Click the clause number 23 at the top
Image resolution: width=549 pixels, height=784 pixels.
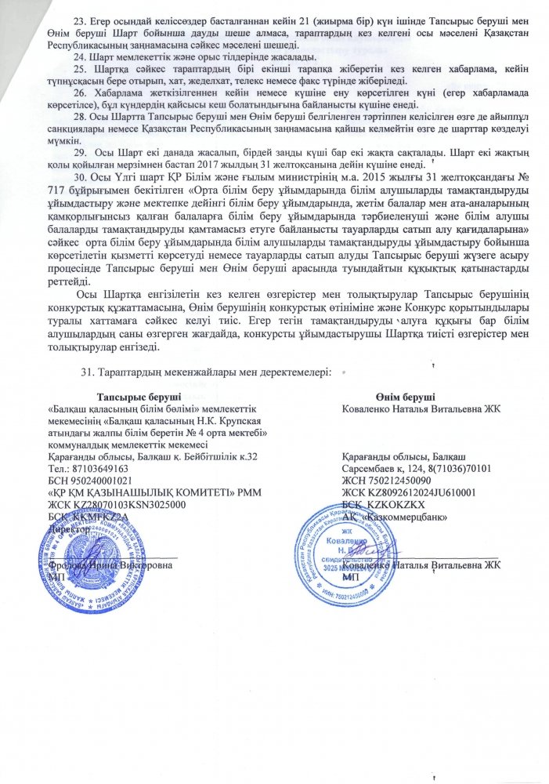tap(78, 17)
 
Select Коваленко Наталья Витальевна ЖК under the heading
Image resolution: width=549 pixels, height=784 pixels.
tap(421, 408)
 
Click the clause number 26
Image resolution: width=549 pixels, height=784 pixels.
tap(78, 91)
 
